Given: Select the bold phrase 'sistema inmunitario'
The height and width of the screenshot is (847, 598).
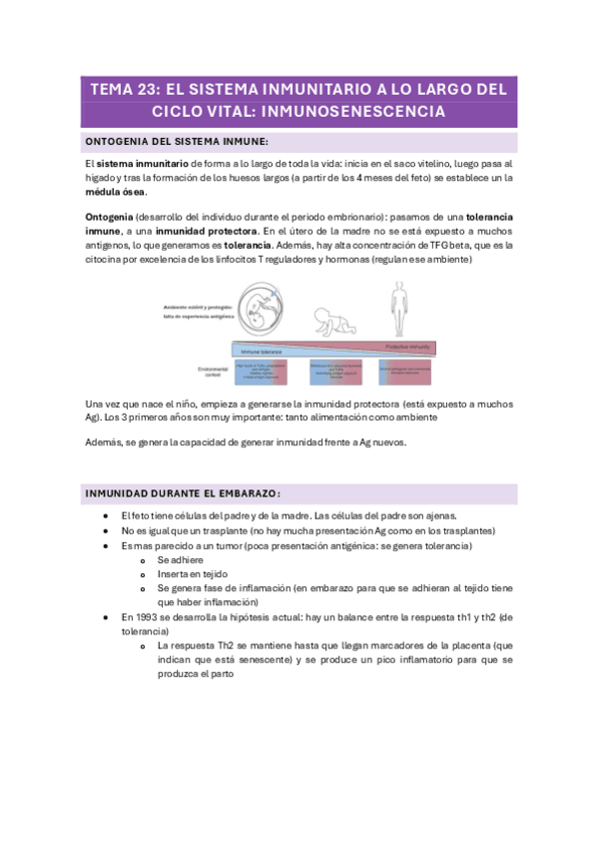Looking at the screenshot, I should click(140, 163).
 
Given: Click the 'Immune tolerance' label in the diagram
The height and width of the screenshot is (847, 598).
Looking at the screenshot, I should click(261, 353).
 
